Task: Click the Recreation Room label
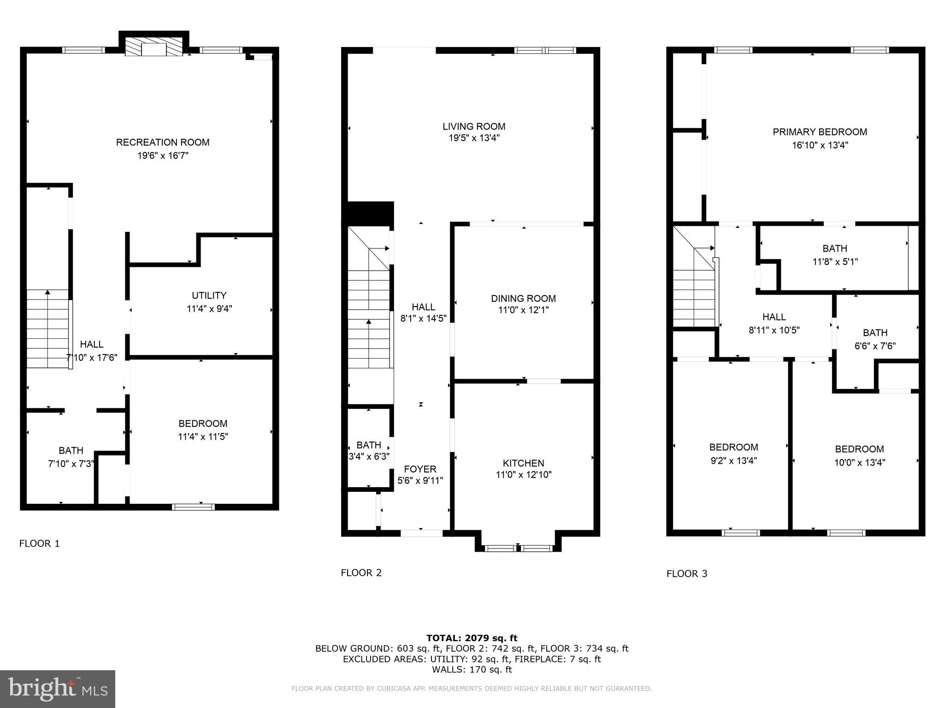pos(163,142)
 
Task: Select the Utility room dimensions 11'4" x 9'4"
pos(209,308)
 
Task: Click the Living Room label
pos(474,126)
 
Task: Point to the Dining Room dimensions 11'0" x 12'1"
pos(523,310)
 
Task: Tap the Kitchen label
pos(523,463)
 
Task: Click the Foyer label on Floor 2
pos(420,469)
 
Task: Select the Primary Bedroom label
pos(820,132)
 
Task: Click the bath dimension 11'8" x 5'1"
pos(835,261)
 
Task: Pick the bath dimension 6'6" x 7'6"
pos(875,346)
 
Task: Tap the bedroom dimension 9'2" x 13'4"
pos(733,460)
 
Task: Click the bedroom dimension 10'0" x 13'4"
pos(859,462)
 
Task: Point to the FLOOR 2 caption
pos(361,572)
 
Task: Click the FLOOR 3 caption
pos(686,573)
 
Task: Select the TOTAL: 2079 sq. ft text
pos(472,638)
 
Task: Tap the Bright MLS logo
pos(58,689)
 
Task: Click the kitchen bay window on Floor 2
pos(519,548)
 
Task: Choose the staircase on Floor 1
pos(48,329)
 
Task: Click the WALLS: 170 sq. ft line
pos(472,669)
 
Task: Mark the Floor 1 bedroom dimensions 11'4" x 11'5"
pos(203,436)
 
